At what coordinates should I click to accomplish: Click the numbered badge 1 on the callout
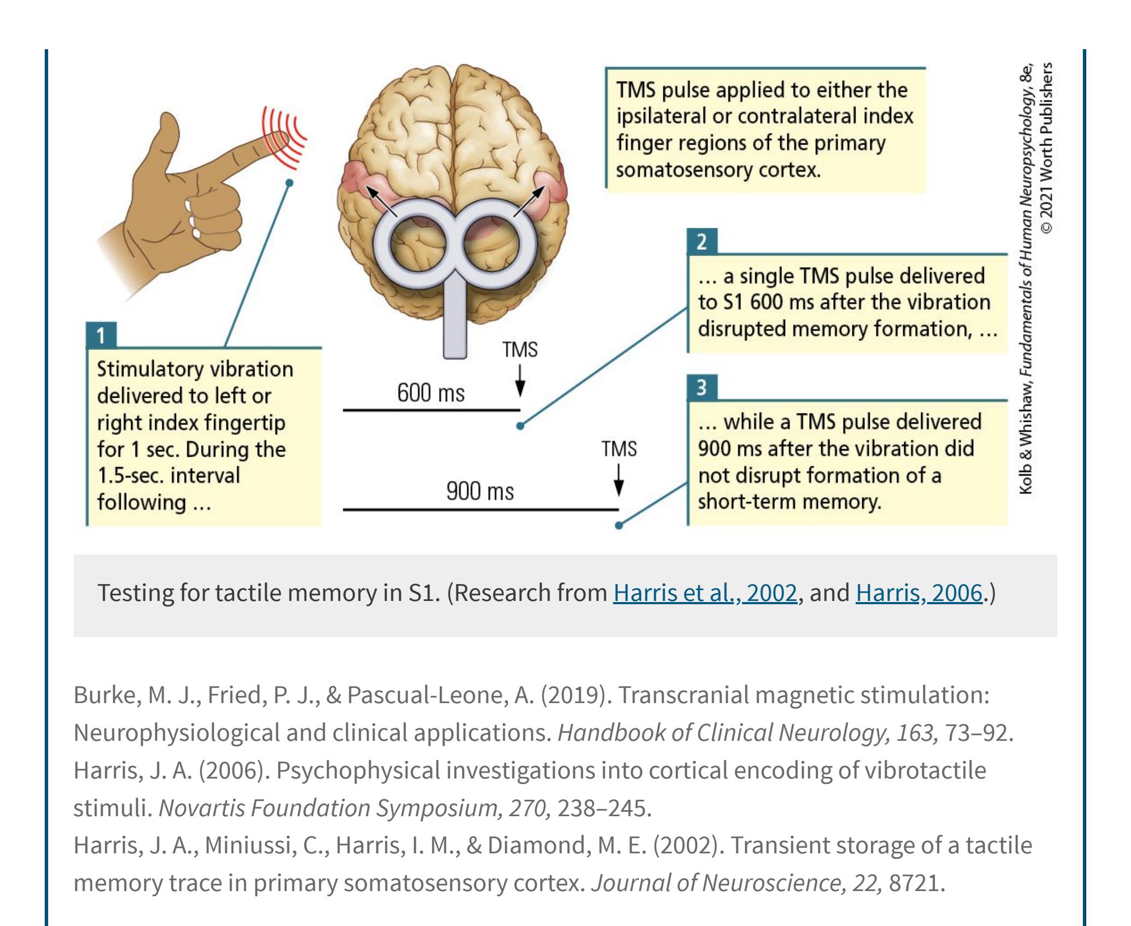tap(101, 335)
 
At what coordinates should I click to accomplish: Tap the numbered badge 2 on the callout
tap(702, 241)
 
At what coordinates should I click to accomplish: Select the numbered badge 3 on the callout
tap(702, 388)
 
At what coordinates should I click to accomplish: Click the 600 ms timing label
tap(431, 393)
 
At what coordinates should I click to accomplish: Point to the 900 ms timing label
tap(480, 492)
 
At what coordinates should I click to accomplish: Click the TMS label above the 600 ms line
tap(520, 350)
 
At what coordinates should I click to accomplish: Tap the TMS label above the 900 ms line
tap(619, 449)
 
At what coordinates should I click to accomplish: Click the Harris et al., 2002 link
tap(705, 593)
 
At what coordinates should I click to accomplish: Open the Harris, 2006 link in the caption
tap(919, 593)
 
